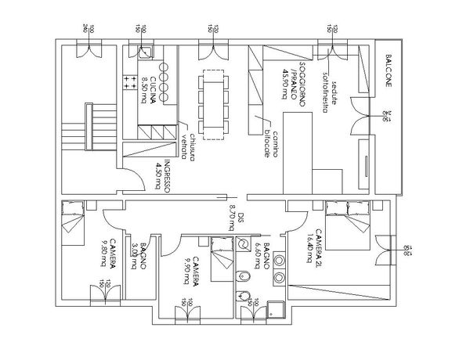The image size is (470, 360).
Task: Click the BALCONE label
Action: [390, 72]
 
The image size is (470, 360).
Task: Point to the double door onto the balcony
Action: [360, 118]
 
